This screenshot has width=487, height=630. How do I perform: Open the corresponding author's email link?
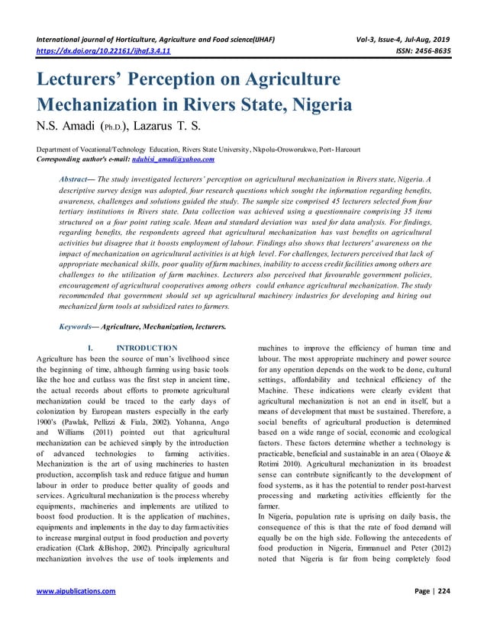(173, 159)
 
